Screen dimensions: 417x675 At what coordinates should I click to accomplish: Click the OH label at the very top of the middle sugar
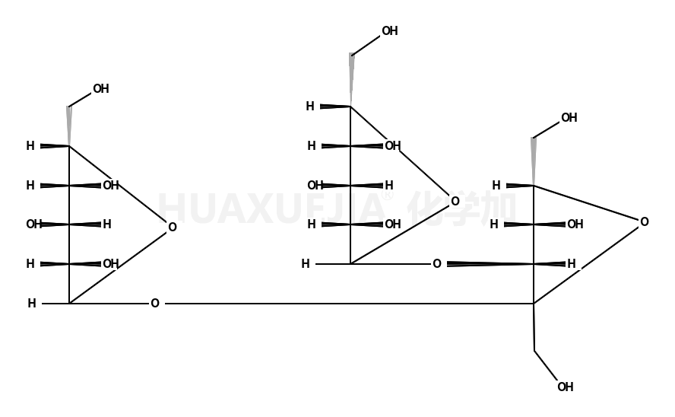tap(389, 31)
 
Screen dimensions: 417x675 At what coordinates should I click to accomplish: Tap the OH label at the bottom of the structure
tap(565, 387)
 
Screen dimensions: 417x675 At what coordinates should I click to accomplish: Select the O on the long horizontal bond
tap(155, 304)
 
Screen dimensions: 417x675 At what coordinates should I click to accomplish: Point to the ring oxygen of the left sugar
tap(173, 228)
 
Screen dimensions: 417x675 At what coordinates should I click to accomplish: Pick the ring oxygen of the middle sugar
tap(455, 202)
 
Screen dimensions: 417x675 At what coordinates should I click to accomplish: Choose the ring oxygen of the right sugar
tap(644, 222)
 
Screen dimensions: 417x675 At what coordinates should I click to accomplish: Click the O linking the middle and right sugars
tap(437, 264)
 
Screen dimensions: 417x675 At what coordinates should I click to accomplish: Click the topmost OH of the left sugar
tap(100, 89)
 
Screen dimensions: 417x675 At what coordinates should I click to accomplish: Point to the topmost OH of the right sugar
tap(569, 118)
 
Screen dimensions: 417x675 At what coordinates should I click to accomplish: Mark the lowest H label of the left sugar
tap(32, 304)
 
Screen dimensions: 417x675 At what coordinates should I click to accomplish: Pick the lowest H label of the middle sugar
tap(306, 264)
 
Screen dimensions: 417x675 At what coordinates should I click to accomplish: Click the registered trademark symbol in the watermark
tap(388, 196)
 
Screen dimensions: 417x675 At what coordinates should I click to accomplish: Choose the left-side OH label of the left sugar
tap(33, 224)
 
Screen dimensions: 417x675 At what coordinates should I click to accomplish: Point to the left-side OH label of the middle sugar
tap(315, 185)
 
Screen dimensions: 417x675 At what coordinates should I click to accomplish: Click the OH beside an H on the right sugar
tap(575, 224)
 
